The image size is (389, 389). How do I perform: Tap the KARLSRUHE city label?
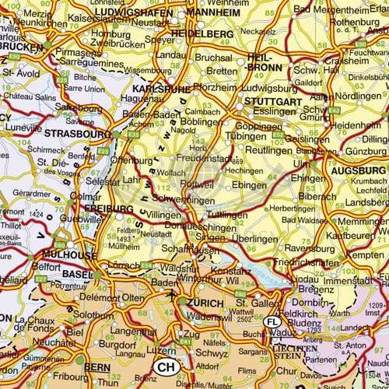169,89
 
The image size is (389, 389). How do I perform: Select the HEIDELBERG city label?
204,35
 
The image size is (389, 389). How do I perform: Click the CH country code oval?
165,366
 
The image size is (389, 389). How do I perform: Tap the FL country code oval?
272,321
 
